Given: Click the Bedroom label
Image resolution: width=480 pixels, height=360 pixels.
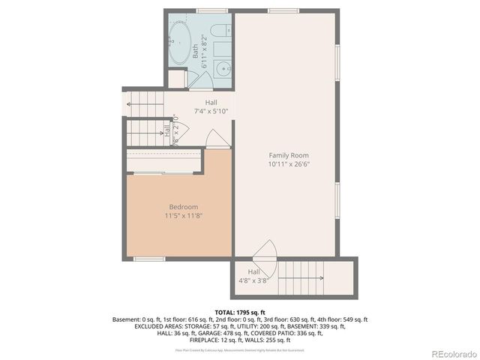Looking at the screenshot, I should coord(183,207).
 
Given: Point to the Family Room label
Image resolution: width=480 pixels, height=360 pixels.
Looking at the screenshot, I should coord(288,155).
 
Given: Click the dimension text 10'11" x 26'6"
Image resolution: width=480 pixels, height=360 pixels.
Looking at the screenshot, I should coord(289,163).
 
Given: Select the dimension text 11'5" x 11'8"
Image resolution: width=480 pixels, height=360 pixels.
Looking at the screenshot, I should coord(184,216).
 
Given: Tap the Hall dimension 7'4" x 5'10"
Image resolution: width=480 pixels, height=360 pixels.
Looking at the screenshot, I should coord(210,111).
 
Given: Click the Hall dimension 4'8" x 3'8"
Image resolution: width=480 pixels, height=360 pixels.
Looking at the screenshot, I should coord(253,280).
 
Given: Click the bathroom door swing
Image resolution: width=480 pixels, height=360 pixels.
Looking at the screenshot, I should coord(199,79).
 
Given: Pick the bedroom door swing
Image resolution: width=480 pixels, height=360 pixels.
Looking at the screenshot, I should coord(216,139).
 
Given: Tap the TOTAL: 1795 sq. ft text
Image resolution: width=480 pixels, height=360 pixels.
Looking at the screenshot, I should coord(240,312).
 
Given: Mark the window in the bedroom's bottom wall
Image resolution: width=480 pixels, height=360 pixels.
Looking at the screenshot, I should coord(149,259).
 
